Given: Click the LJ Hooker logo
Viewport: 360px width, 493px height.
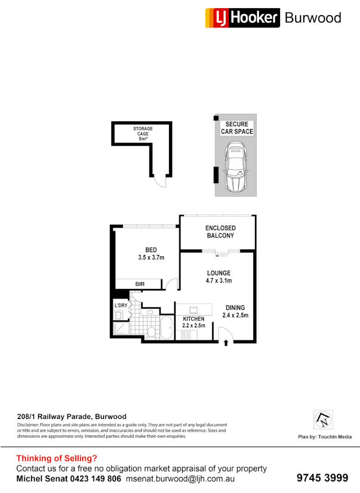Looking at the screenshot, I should click(242, 18).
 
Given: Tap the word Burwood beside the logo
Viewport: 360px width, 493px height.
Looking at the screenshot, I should click(313, 18).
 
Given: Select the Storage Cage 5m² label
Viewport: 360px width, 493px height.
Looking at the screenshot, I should click(143, 134).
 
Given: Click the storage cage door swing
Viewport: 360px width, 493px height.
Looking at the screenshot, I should click(159, 181).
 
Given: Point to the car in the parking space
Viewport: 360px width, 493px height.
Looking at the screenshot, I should click(235, 167).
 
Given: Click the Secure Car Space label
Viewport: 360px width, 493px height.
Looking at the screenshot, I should click(237, 128).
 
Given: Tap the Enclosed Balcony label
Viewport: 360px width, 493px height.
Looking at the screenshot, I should click(220, 231).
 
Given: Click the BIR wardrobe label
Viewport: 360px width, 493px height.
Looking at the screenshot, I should click(140, 284).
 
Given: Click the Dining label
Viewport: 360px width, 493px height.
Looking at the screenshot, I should click(235, 308).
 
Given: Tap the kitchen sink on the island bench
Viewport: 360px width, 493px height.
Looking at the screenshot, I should click(193, 309).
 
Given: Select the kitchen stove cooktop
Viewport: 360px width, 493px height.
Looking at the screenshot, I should click(186, 335).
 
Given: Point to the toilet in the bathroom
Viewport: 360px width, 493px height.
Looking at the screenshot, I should click(152, 331).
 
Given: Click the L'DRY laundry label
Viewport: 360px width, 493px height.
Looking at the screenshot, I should click(120, 305).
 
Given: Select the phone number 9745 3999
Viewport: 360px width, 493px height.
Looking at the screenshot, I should click(322, 477).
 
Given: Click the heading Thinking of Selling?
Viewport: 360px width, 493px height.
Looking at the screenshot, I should click(57, 458).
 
